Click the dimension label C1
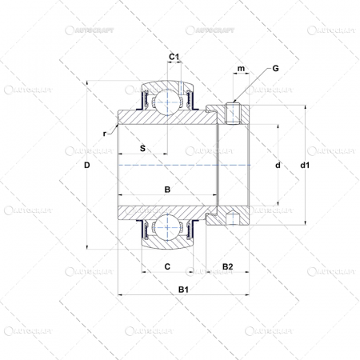(x=174, y=56)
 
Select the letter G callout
(x=275, y=69)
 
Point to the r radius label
(x=105, y=133)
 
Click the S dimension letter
(x=142, y=148)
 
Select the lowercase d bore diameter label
(x=277, y=166)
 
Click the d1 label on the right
(x=304, y=166)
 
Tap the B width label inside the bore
(x=166, y=190)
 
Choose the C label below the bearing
(x=166, y=266)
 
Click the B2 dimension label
(x=227, y=266)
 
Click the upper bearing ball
(x=167, y=100)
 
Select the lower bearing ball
(x=167, y=230)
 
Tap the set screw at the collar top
(x=233, y=114)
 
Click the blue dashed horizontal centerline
(x=184, y=166)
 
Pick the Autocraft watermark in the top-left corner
(x=32, y=30)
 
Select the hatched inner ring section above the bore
(x=160, y=118)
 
